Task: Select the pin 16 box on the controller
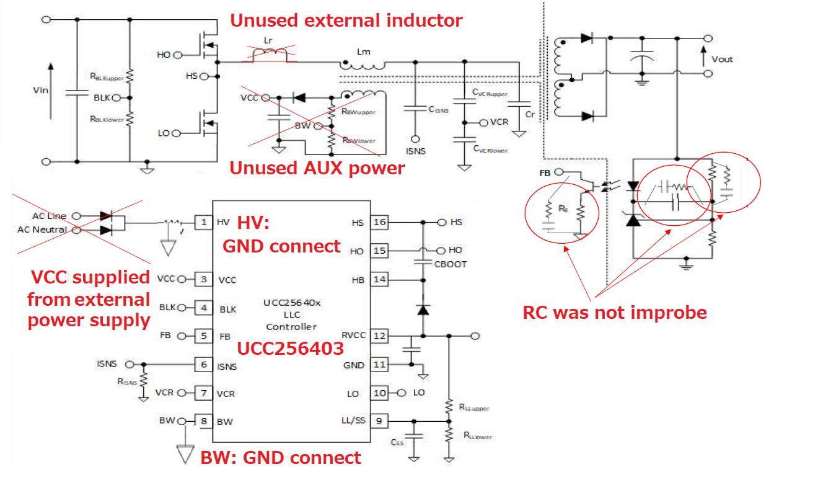[379, 222]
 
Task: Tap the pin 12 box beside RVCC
[379, 336]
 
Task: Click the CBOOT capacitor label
[450, 264]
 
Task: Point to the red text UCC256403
[290, 349]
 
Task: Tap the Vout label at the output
[722, 60]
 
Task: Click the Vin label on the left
[40, 91]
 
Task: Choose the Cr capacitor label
[530, 115]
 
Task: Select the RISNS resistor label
[126, 381]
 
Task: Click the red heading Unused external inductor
[346, 20]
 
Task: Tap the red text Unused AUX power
[317, 168]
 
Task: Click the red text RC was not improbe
[614, 312]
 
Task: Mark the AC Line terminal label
[48, 216]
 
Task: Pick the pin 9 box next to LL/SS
[379, 421]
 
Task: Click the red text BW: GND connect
[280, 458]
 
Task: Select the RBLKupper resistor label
[107, 78]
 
